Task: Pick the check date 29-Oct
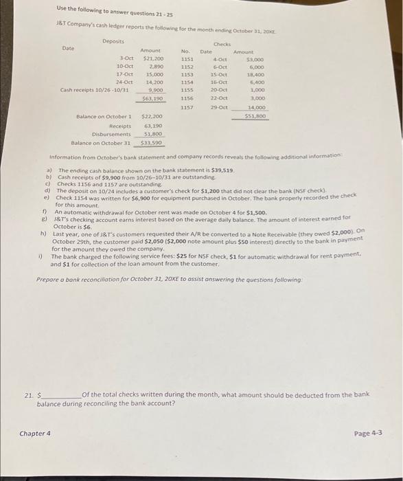coord(218,107)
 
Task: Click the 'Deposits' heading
coord(113,41)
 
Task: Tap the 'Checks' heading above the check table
coord(222,43)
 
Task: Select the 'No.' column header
coord(185,51)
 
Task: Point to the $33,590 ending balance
coord(150,142)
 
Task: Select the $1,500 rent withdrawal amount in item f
coord(255,213)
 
